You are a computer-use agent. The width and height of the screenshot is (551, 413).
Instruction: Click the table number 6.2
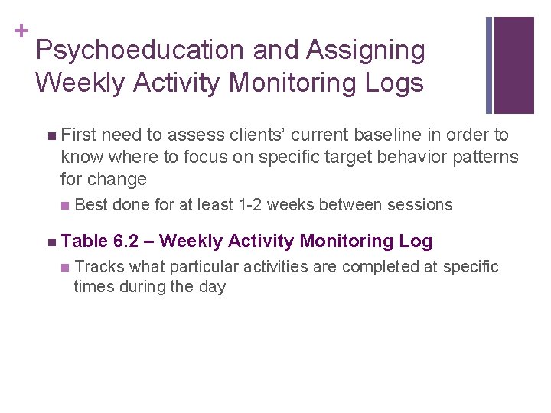coord(125,242)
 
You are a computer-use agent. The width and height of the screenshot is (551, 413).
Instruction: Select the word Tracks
coord(100,267)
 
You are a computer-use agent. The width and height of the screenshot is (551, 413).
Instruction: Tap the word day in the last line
coord(211,288)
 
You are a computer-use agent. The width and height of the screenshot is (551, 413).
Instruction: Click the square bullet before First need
coord(50,136)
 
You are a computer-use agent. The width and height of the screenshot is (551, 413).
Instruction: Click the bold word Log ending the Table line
coord(415,242)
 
